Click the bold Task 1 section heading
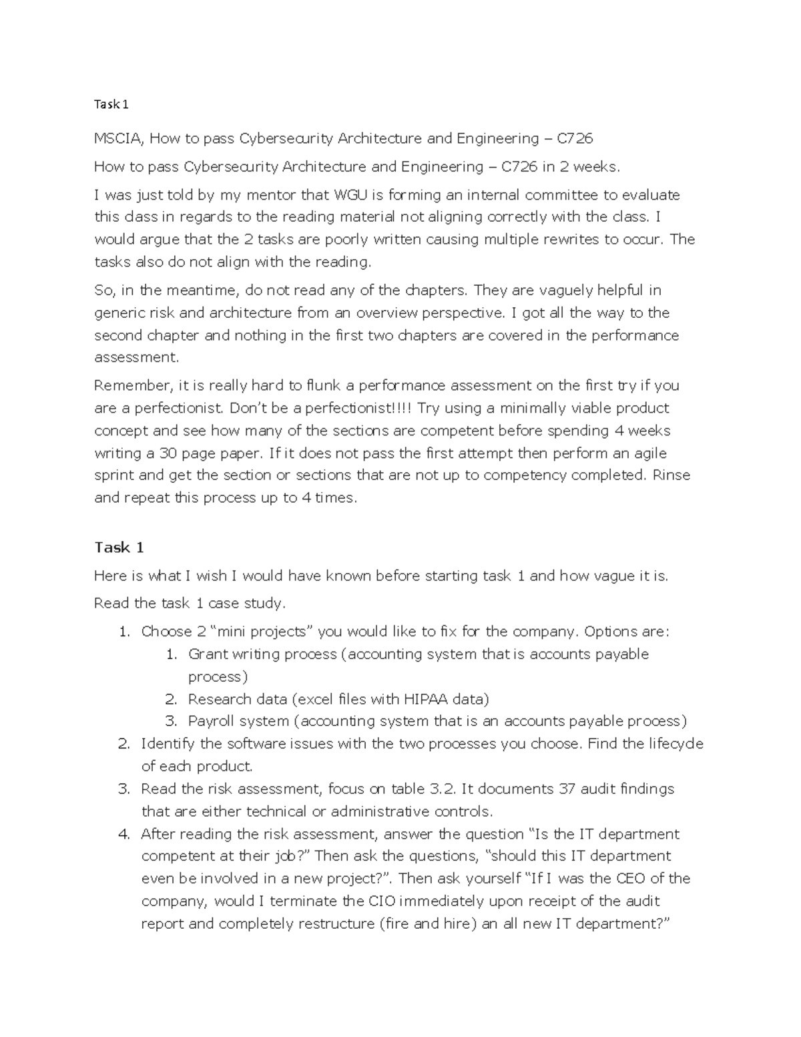(119, 548)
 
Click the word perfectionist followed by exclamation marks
(360, 408)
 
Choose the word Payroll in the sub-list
(211, 721)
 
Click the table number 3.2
(441, 789)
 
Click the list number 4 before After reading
(123, 833)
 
